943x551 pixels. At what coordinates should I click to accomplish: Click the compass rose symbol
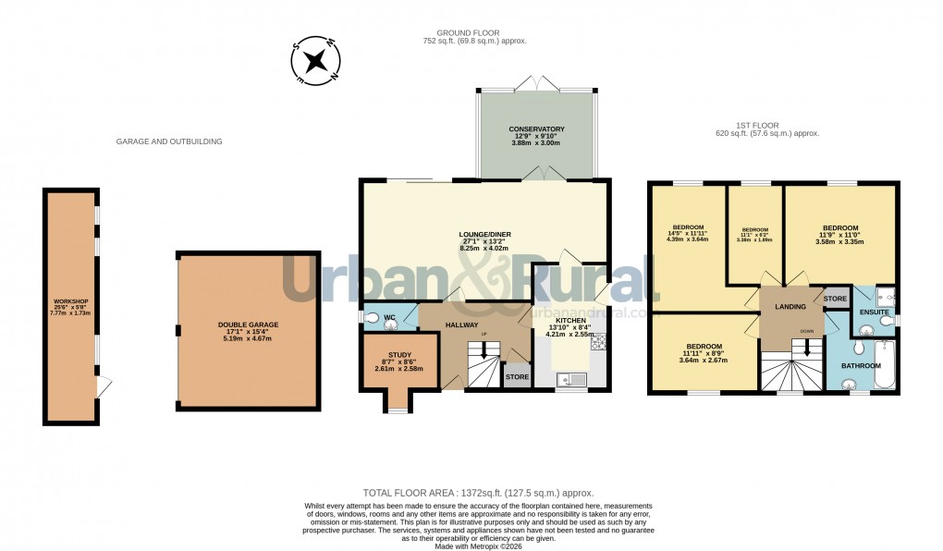tap(316, 62)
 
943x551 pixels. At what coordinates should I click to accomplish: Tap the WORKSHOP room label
tap(70, 302)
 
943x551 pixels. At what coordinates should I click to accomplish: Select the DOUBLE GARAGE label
tap(248, 324)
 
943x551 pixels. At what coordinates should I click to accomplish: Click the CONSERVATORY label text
tap(536, 129)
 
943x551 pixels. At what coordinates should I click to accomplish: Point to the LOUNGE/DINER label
tap(485, 234)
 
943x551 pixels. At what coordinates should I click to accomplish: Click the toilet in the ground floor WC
tap(374, 318)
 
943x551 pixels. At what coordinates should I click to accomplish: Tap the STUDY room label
tap(398, 353)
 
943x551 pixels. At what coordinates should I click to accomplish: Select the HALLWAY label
tap(461, 324)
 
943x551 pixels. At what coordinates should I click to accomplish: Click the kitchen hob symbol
tap(597, 343)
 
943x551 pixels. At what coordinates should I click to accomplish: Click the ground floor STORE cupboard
tap(516, 377)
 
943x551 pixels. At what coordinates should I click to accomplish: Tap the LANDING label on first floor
tap(790, 306)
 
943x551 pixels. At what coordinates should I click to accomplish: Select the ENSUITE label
tap(874, 312)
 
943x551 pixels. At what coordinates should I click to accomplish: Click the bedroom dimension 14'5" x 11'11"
tap(688, 234)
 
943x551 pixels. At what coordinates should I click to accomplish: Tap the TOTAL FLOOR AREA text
tap(477, 494)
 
